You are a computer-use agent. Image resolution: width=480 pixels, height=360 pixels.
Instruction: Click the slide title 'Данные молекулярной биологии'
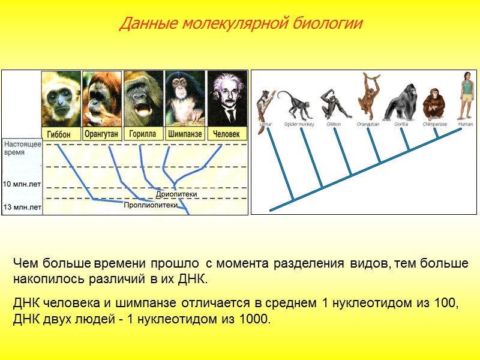click(241, 24)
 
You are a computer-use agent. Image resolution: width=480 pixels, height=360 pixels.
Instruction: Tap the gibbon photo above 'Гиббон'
click(61, 99)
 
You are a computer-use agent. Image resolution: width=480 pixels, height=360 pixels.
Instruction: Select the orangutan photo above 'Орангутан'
click(102, 99)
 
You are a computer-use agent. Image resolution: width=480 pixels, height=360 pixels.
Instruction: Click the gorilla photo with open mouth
click(143, 99)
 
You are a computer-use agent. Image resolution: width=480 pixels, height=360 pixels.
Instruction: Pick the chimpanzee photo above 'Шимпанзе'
click(185, 99)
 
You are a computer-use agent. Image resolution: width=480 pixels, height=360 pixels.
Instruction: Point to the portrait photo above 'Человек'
click(227, 99)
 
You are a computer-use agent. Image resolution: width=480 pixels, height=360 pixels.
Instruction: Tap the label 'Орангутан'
click(102, 134)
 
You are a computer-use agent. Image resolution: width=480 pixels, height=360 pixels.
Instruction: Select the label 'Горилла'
click(143, 134)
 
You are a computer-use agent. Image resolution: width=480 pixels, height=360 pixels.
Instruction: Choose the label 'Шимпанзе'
click(185, 134)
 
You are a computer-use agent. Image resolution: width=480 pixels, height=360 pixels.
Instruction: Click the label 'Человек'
click(227, 134)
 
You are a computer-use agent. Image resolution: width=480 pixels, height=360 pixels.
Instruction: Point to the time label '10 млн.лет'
click(22, 184)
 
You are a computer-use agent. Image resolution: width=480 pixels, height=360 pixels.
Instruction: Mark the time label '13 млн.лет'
click(22, 208)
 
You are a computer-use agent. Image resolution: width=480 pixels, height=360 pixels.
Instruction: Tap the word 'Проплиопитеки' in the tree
click(151, 205)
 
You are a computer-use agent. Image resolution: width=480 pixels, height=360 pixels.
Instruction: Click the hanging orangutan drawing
click(368, 96)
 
